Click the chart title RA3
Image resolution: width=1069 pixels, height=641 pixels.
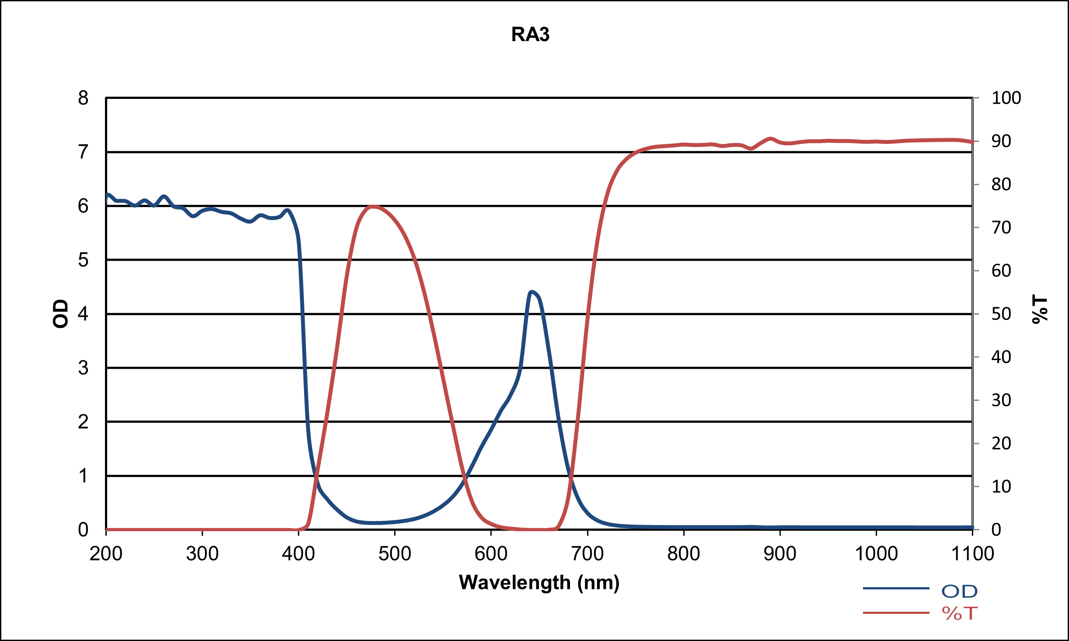(530, 35)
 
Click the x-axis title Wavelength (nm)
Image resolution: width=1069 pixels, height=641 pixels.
(539, 583)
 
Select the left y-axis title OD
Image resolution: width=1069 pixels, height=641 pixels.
(60, 314)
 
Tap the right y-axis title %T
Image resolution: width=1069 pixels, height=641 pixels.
(1040, 309)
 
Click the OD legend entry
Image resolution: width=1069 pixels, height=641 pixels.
(959, 591)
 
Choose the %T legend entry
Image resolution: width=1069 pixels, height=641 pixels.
(959, 613)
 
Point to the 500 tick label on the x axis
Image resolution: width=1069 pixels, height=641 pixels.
(395, 554)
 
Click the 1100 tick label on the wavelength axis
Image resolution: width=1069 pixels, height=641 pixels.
(972, 554)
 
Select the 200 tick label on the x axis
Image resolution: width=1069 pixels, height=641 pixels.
(106, 554)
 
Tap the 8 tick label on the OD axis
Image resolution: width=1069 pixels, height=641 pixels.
(83, 98)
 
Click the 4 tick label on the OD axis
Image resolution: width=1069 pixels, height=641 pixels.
(83, 314)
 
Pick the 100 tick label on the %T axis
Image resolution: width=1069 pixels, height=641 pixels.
(1006, 98)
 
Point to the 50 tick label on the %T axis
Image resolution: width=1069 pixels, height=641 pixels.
(1001, 314)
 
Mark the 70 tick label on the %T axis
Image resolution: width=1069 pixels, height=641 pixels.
(1001, 228)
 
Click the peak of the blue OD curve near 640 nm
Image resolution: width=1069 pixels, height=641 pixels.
(531, 291)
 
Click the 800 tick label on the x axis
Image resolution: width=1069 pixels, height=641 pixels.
(684, 554)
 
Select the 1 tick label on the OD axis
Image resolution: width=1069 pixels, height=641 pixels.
(83, 476)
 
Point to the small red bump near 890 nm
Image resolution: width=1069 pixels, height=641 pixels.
(770, 139)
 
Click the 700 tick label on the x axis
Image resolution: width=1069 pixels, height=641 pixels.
(587, 554)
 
